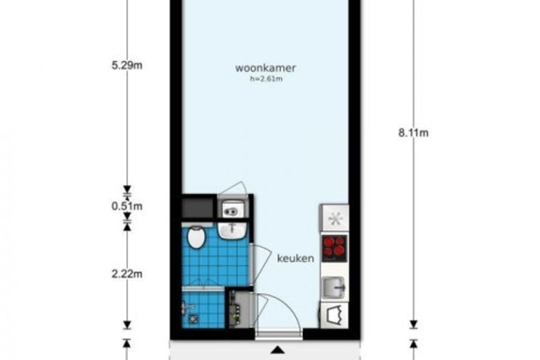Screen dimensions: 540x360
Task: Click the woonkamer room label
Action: click(265, 68)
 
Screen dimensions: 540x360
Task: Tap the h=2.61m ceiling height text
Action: click(266, 79)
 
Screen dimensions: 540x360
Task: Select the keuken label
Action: click(296, 258)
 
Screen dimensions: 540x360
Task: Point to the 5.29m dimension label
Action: click(127, 65)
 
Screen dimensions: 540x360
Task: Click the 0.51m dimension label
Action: click(127, 207)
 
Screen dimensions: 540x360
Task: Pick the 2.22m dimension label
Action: click(127, 274)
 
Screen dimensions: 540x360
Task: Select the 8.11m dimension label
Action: click(414, 133)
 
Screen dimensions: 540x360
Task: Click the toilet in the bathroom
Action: click(197, 237)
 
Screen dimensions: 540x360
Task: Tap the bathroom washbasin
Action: click(232, 231)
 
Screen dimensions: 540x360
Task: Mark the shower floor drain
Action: click(193, 319)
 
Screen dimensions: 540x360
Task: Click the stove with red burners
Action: click(334, 248)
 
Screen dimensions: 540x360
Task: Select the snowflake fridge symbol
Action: click(335, 218)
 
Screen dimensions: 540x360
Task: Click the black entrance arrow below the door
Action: click(278, 350)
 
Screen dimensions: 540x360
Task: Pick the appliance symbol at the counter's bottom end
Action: click(334, 315)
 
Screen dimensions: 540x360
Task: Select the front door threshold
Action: click(279, 334)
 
